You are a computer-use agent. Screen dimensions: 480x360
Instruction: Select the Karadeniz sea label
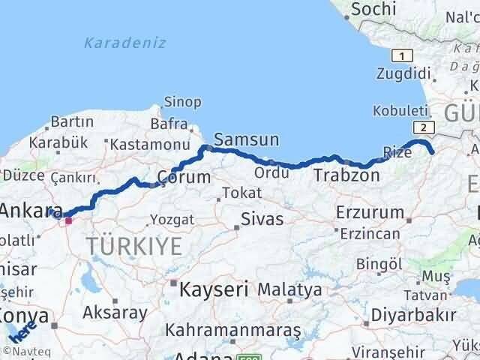[124, 43]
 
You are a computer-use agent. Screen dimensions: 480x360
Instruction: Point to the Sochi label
[373, 9]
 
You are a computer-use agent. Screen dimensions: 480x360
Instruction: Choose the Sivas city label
[262, 219]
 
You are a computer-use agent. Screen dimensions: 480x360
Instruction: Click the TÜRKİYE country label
[133, 245]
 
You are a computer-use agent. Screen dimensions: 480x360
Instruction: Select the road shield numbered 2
[424, 127]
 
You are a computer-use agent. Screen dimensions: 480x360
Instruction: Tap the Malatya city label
[289, 289]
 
